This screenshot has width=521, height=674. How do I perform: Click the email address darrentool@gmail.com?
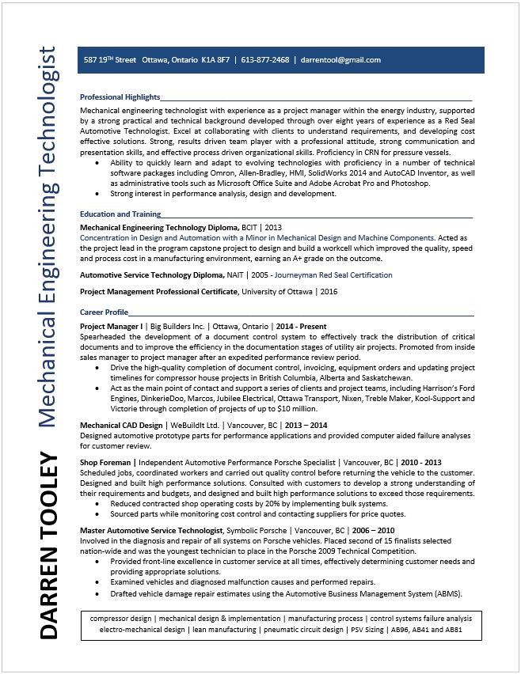click(x=340, y=60)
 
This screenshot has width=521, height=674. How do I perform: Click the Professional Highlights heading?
click(x=120, y=97)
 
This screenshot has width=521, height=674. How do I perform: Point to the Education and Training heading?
click(x=120, y=214)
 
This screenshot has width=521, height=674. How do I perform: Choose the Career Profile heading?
click(x=104, y=312)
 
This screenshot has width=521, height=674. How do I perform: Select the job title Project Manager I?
click(x=112, y=326)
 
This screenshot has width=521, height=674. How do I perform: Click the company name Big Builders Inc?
click(x=178, y=326)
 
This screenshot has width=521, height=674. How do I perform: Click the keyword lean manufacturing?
click(x=225, y=630)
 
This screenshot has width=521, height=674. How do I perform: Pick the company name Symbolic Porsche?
click(x=257, y=530)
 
